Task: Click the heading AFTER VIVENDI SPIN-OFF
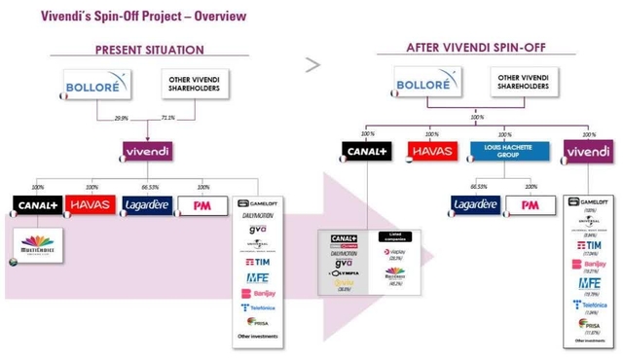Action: click(469, 48)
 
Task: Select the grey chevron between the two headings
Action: click(312, 65)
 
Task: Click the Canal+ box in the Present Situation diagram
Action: click(37, 205)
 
